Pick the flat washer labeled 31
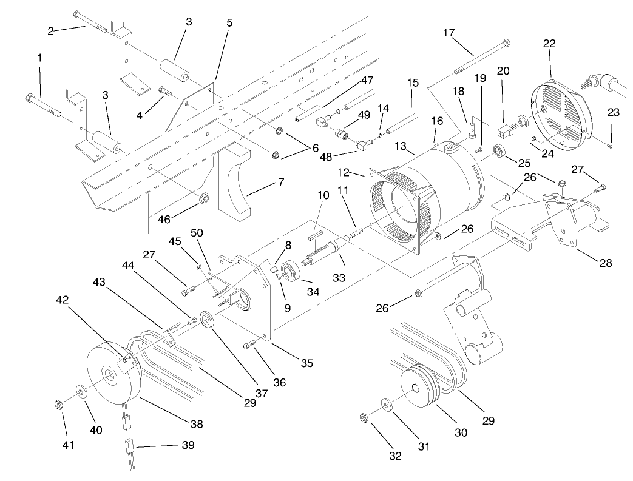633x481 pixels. pyautogui.click(x=387, y=403)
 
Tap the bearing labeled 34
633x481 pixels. pyautogui.click(x=289, y=271)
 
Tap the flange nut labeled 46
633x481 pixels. pyautogui.click(x=205, y=198)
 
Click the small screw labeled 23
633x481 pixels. pyautogui.click(x=610, y=145)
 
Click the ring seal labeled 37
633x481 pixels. pyautogui.click(x=207, y=319)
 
